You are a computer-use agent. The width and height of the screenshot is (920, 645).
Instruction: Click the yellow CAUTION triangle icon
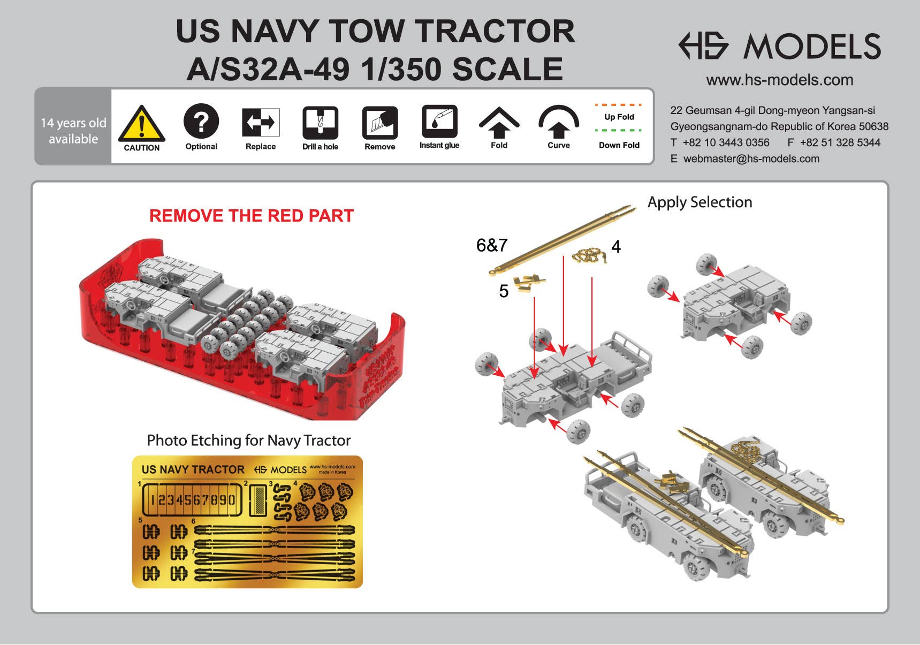point(141,125)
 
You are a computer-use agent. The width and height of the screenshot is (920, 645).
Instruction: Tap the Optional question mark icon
point(201,122)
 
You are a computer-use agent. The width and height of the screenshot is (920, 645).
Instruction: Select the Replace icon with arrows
point(261,122)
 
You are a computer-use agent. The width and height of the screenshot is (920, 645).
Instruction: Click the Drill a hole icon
point(320,123)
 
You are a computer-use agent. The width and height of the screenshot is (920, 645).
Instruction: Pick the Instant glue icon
point(439,122)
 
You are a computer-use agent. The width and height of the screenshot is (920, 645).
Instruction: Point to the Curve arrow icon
point(558,123)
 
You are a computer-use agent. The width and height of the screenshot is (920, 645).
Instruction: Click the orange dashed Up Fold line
point(619,105)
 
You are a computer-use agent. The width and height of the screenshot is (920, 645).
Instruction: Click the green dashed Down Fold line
point(619,130)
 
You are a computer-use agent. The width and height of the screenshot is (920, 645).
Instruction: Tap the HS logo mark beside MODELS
point(703,45)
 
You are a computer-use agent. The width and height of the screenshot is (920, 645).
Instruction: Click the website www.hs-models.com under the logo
point(779,80)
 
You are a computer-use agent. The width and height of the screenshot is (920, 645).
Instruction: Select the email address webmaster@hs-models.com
point(751,159)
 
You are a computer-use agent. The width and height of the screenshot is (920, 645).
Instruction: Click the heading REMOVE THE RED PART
point(251,216)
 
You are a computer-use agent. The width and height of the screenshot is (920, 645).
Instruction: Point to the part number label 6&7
point(491,245)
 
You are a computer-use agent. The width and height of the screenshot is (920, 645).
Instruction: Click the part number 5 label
point(503,291)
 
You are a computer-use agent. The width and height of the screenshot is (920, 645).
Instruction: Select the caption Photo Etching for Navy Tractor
point(248,441)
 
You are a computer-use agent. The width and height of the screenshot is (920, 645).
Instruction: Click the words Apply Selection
point(699,202)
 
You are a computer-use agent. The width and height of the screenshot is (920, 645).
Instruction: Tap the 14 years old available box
point(73,131)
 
